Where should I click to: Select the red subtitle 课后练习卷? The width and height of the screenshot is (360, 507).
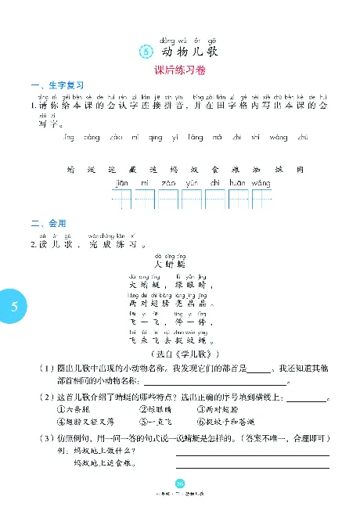pyautogui.click(x=179, y=70)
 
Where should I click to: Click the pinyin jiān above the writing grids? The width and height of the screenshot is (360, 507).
pyautogui.click(x=121, y=183)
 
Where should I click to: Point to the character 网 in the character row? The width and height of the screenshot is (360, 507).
pyautogui.click(x=301, y=168)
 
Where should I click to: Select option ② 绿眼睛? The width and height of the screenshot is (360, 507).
pyautogui.click(x=154, y=408)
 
